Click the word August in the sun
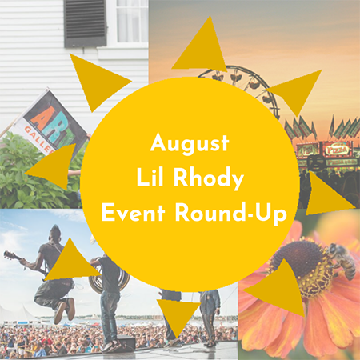(x=190, y=143)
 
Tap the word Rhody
(x=209, y=178)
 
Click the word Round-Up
(x=231, y=214)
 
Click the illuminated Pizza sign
(x=338, y=150)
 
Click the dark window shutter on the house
(x=85, y=22)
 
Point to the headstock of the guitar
(x=9, y=255)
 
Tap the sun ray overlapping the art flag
(x=54, y=166)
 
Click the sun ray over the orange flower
(x=280, y=288)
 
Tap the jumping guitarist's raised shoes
(x=65, y=310)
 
